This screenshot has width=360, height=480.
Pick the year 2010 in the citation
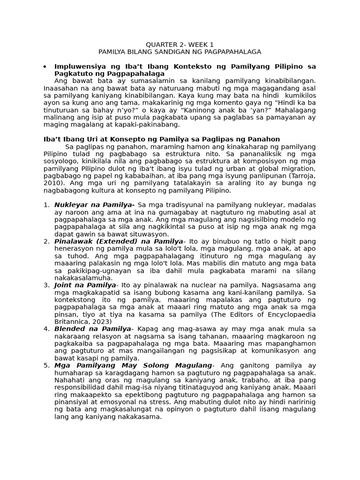(52, 183)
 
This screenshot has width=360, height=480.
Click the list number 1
(46, 205)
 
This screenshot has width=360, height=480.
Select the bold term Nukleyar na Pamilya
(94, 205)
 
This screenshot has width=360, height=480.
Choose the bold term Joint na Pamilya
(85, 285)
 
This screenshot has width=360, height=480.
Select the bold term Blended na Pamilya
(93, 329)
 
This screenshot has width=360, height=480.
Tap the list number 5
(46, 366)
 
